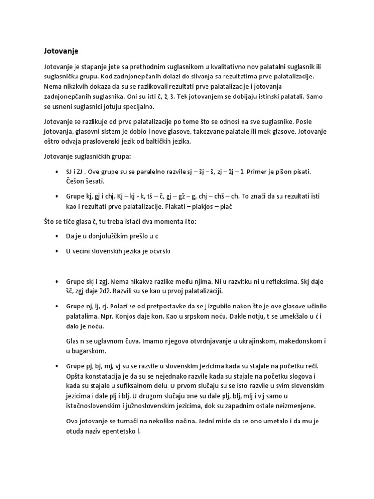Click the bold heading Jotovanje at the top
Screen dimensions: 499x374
tap(58, 51)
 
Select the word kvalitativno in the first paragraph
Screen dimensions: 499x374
tap(220, 66)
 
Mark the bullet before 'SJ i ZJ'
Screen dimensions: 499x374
tap(58, 172)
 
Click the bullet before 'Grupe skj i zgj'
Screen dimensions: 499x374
tap(58, 282)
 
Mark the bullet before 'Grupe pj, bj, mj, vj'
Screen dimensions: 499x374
tap(58, 366)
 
